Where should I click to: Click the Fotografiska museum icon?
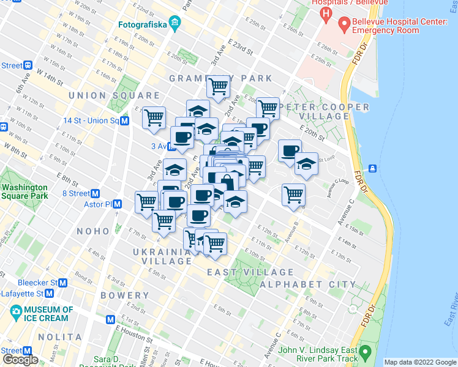click(x=175, y=24)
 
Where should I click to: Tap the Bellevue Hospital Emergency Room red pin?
click(x=343, y=25)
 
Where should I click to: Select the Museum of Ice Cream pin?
click(x=17, y=314)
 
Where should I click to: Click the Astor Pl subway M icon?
click(x=117, y=204)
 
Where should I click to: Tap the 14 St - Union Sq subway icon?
click(x=124, y=120)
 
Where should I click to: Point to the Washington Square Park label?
click(x=24, y=191)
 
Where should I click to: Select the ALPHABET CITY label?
click(x=308, y=284)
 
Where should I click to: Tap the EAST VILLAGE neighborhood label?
click(x=250, y=272)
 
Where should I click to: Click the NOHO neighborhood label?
click(x=93, y=231)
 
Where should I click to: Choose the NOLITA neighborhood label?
click(x=60, y=337)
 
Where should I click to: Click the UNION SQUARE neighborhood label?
click(x=114, y=95)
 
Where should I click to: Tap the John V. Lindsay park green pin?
click(x=366, y=353)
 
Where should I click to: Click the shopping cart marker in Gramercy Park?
click(x=218, y=86)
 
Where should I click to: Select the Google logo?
click(x=20, y=360)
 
